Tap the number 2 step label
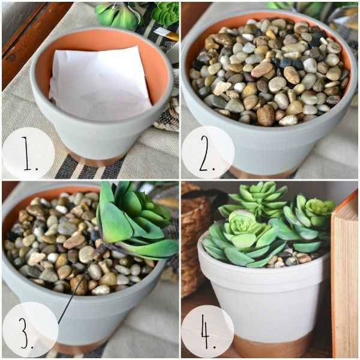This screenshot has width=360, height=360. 207,154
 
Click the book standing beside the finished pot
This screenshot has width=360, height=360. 344,275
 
